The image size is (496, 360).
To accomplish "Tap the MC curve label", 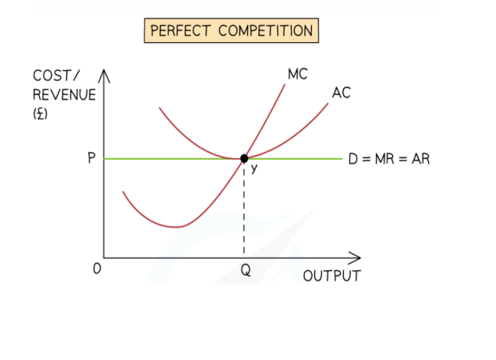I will pos(297,75).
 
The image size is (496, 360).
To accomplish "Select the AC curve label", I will pos(341,93).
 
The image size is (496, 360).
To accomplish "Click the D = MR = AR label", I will pos(389,159).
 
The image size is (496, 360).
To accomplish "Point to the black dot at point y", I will pos(244,158).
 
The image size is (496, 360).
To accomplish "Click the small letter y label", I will pos(254,170).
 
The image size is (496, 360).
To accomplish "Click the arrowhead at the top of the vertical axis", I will pos(104,76).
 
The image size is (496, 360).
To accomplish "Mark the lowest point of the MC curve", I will pos(178,227).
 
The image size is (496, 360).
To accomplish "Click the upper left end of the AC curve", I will pos(160,108).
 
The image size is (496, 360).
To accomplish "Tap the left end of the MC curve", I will pos(123,191).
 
